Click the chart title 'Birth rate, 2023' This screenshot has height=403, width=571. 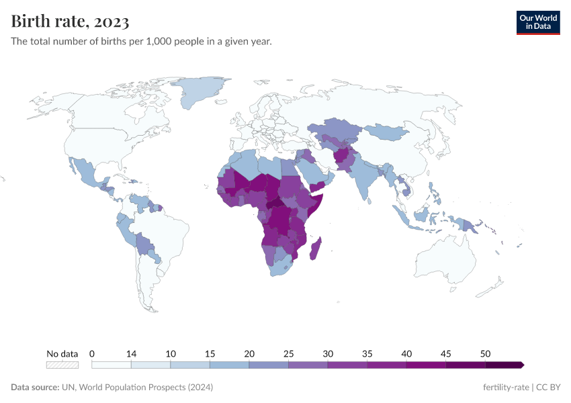(70, 21)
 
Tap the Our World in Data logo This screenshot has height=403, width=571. (537, 22)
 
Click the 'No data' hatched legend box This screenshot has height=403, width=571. (62, 365)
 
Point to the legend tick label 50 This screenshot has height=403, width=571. (486, 353)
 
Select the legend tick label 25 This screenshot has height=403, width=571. (289, 353)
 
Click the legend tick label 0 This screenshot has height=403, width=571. (91, 353)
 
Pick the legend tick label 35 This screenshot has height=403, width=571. (367, 353)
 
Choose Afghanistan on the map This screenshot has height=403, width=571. (343, 157)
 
